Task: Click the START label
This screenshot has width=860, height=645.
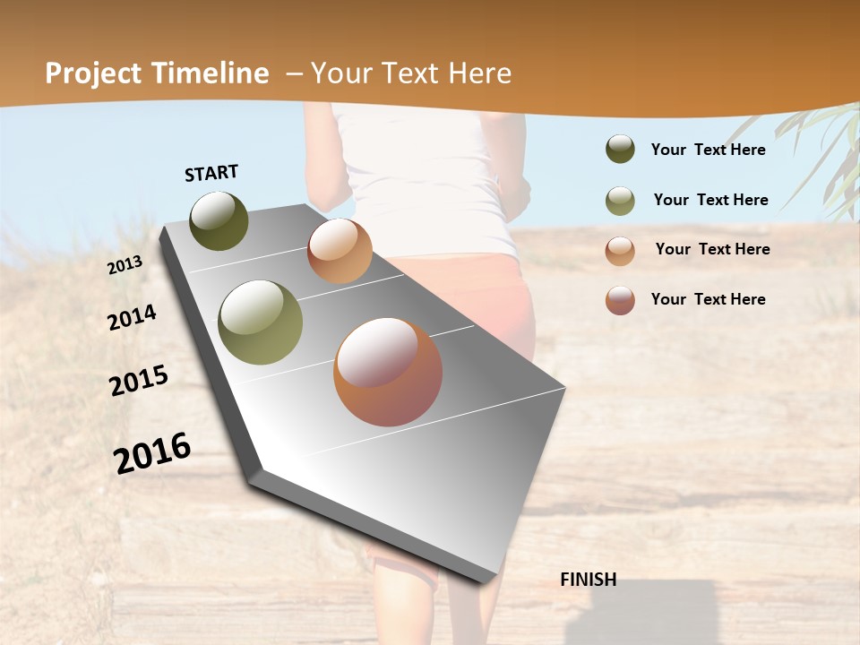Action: [211, 173]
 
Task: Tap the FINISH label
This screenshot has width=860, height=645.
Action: [588, 580]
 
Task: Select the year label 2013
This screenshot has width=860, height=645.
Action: [125, 265]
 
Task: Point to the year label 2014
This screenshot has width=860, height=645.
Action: [132, 317]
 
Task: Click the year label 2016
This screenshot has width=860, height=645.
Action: [152, 452]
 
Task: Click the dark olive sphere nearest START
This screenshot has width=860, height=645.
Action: [219, 220]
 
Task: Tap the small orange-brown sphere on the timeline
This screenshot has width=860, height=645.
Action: [340, 251]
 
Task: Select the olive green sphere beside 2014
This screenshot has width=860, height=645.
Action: [261, 322]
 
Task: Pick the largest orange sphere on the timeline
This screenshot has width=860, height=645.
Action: [388, 372]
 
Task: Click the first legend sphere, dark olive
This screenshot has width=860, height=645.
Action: [620, 149]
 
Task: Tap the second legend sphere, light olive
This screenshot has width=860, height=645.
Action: [620, 201]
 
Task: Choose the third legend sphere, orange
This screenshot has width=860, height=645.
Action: [620, 251]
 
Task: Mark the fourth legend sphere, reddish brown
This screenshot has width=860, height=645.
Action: [620, 300]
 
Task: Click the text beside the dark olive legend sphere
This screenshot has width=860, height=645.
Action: [708, 150]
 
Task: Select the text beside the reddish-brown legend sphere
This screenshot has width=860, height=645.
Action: [708, 299]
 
